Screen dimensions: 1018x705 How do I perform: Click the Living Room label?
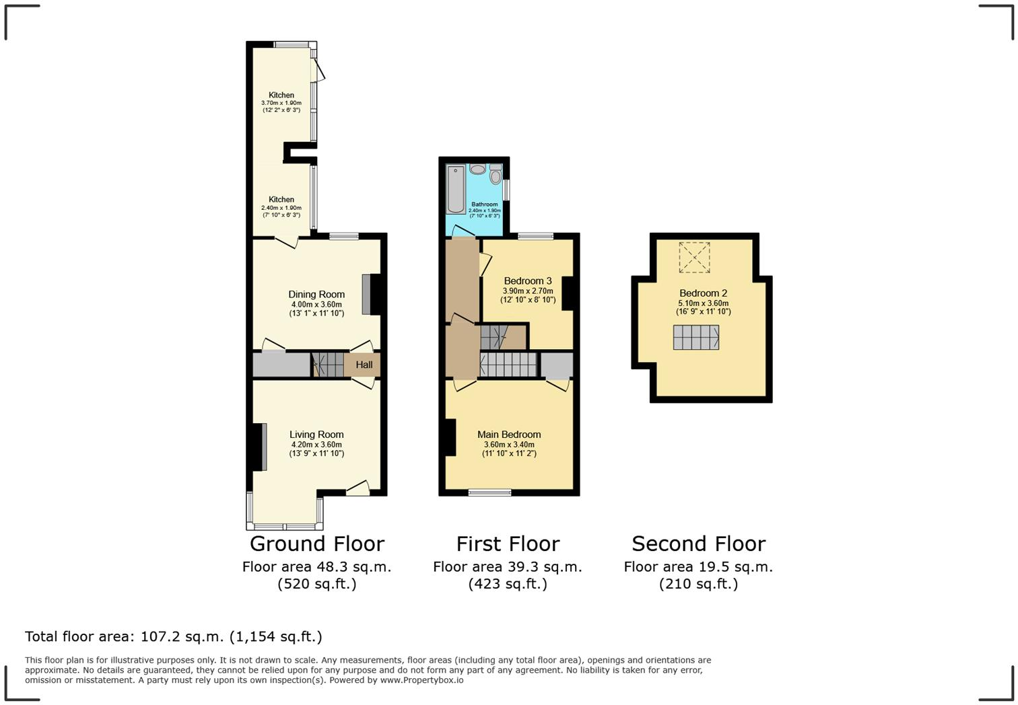click(316, 435)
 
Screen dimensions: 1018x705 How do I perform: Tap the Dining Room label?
click(316, 294)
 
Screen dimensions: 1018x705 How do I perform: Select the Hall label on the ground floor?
click(364, 365)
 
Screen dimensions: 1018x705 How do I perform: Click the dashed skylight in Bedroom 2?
click(694, 257)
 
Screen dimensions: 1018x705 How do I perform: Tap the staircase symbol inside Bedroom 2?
click(695, 337)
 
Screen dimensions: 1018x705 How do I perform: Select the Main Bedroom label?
click(509, 435)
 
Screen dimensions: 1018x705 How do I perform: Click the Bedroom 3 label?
click(528, 281)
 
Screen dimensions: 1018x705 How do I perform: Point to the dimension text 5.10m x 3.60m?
click(703, 303)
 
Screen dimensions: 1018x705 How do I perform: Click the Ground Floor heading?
click(316, 544)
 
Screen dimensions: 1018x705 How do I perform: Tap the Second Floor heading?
click(698, 544)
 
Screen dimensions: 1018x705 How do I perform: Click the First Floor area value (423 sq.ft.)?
click(508, 584)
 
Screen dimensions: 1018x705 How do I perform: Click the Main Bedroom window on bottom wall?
click(489, 492)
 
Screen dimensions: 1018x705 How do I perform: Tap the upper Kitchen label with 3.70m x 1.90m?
click(281, 95)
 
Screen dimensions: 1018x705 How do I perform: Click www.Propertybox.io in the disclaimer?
click(421, 680)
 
